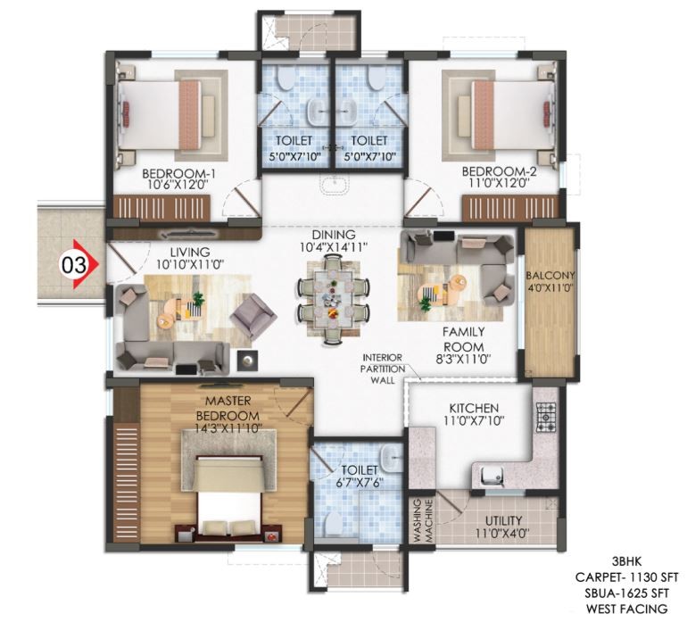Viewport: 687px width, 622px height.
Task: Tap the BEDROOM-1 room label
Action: coord(178,174)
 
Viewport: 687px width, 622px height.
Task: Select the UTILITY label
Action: coord(503,521)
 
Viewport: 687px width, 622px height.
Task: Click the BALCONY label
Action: coord(550,276)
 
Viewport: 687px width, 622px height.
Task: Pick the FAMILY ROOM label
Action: coord(463,338)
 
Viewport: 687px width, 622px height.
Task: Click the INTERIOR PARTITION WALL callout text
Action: coord(383,369)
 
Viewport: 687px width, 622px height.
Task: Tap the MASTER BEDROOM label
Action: coord(228,408)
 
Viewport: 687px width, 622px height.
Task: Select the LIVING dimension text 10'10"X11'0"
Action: coord(190,265)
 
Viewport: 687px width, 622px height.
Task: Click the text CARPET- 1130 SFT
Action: coord(626,577)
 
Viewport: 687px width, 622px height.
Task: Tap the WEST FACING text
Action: coord(626,609)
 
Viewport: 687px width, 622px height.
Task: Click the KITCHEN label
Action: coord(474,409)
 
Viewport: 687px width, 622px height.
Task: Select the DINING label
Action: coord(334,235)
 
